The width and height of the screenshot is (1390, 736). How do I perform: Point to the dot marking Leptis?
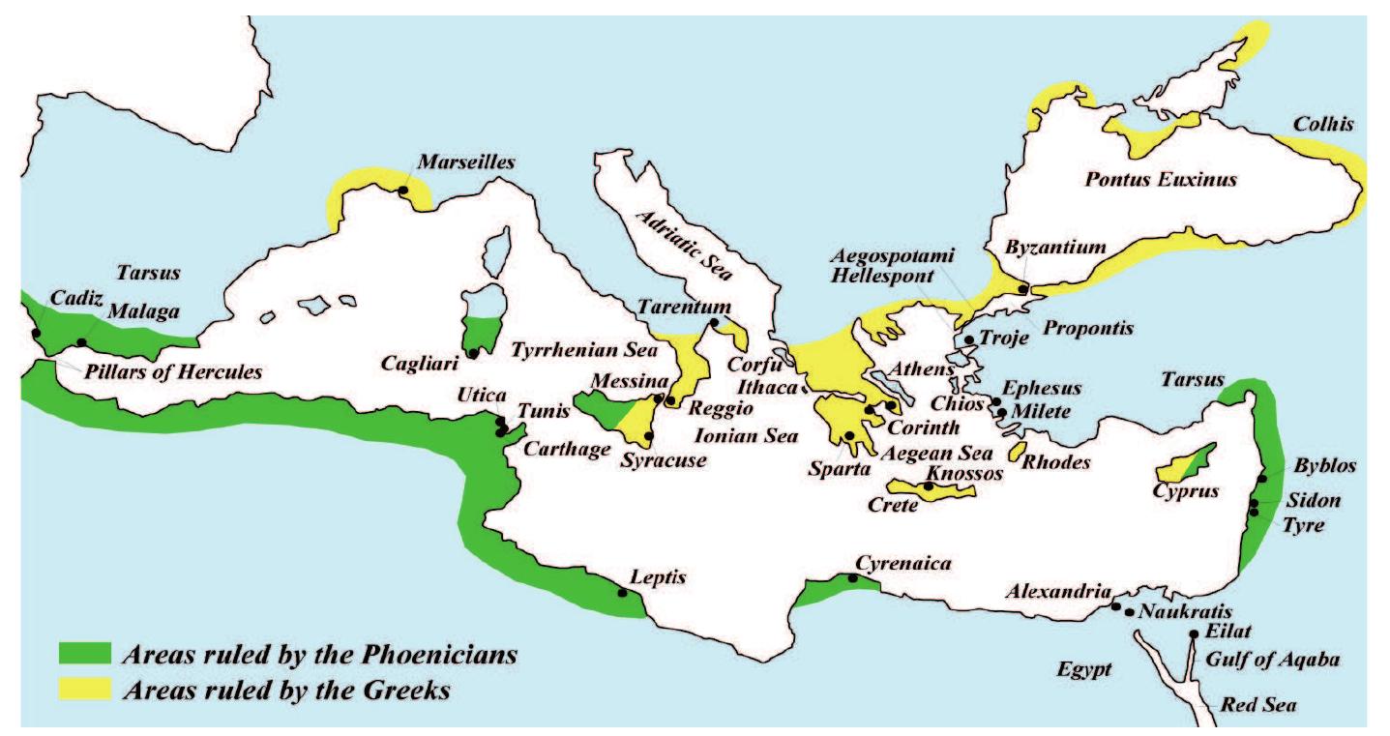pyautogui.click(x=621, y=594)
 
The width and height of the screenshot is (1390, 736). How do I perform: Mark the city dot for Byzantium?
pyautogui.click(x=1023, y=288)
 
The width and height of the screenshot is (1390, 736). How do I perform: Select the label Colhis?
pyautogui.click(x=1323, y=125)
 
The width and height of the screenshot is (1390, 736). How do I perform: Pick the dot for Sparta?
pyautogui.click(x=848, y=436)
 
